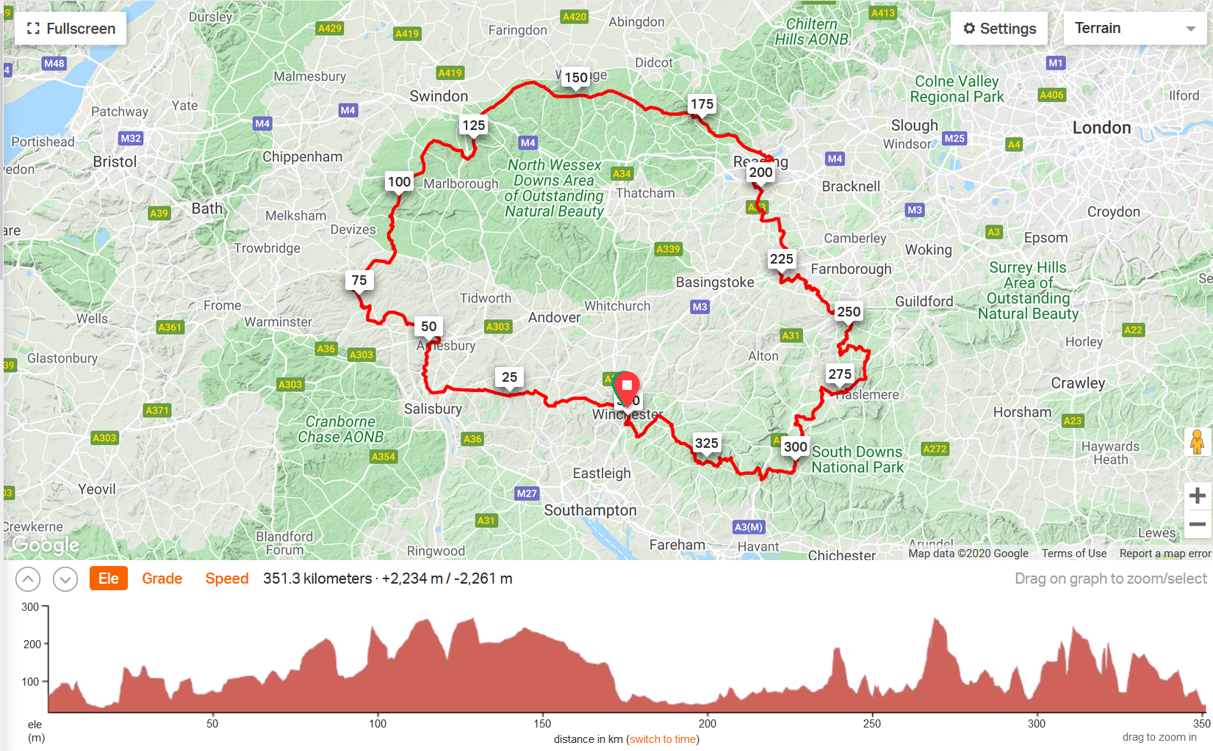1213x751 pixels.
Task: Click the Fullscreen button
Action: tap(71, 29)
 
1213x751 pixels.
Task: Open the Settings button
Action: tap(998, 29)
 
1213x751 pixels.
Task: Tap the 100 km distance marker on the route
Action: tap(399, 182)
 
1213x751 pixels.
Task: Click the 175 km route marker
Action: tap(702, 104)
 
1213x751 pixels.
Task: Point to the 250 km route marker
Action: tap(849, 312)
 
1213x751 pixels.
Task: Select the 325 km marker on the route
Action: tap(706, 443)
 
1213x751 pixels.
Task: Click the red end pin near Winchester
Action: tap(627, 386)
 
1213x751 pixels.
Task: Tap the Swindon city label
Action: tap(439, 96)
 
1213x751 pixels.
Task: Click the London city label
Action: tap(1101, 128)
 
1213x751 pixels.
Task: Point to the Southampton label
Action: tap(590, 510)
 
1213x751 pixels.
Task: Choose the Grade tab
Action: tap(162, 578)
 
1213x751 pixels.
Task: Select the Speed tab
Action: tap(226, 578)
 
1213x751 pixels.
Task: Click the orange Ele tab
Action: tap(108, 578)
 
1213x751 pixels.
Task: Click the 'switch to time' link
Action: tap(663, 739)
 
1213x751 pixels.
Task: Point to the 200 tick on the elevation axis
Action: tap(32, 645)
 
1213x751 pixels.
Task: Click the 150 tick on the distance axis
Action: tap(542, 724)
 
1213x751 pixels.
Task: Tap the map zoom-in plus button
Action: tap(1197, 496)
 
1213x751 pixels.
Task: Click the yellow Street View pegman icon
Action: tap(1197, 442)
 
